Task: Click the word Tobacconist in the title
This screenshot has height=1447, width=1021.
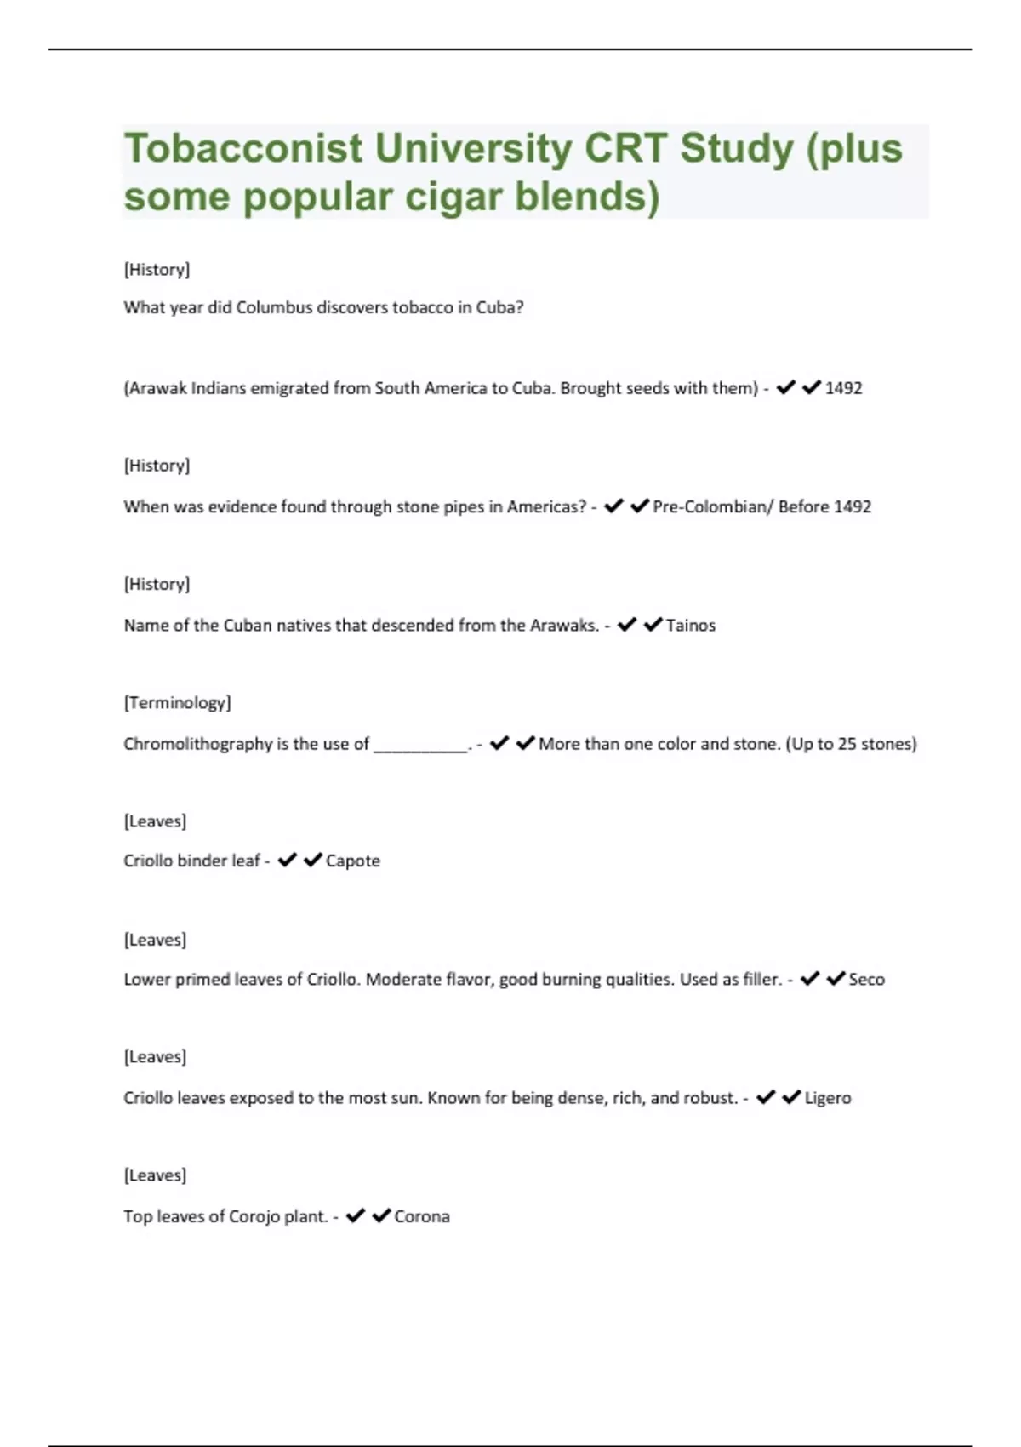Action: pyautogui.click(x=243, y=149)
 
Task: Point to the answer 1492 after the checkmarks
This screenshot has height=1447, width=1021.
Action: pyautogui.click(x=843, y=388)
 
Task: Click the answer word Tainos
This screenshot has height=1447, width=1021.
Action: pyautogui.click(x=690, y=626)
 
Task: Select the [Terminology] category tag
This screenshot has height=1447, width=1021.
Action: pyautogui.click(x=177, y=703)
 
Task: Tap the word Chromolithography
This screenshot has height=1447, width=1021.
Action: pyautogui.click(x=197, y=744)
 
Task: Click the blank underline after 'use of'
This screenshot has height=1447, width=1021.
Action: pyautogui.click(x=420, y=746)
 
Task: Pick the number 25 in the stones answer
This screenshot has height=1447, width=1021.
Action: pyautogui.click(x=847, y=744)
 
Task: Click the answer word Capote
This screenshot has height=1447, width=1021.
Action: pyautogui.click(x=352, y=861)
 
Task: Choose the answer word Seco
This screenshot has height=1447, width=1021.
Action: pyautogui.click(x=866, y=980)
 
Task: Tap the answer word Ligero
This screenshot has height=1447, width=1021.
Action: pyautogui.click(x=827, y=1098)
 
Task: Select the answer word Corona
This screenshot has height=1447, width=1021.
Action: pyautogui.click(x=422, y=1216)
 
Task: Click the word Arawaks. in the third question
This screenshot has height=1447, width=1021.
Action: pyautogui.click(x=565, y=626)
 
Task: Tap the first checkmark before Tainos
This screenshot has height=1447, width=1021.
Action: pyautogui.click(x=627, y=625)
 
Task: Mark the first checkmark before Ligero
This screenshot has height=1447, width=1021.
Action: pyautogui.click(x=766, y=1097)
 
